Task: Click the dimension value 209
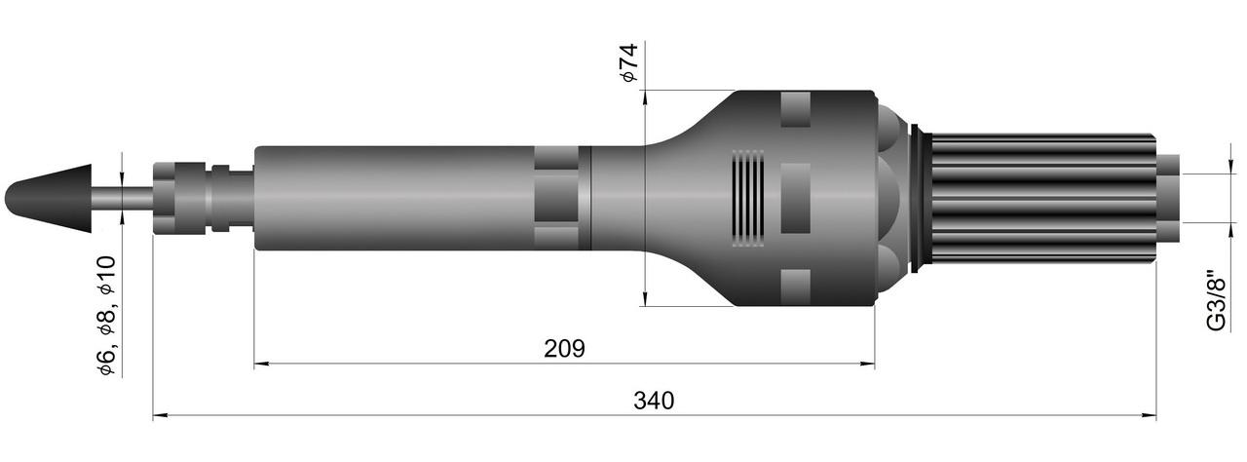pyautogui.click(x=564, y=349)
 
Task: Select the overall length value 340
pyautogui.click(x=654, y=401)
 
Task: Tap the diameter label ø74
pyautogui.click(x=628, y=62)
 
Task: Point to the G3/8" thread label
pyautogui.click(x=1218, y=300)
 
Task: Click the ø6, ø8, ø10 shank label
pyautogui.click(x=106, y=316)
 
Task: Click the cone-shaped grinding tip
pyautogui.click(x=48, y=198)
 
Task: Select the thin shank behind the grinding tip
pyautogui.click(x=123, y=198)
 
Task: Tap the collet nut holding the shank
pyautogui.click(x=179, y=198)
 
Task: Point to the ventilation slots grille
pyautogui.click(x=747, y=198)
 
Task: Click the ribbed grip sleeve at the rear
pyautogui.click(x=1042, y=198)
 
